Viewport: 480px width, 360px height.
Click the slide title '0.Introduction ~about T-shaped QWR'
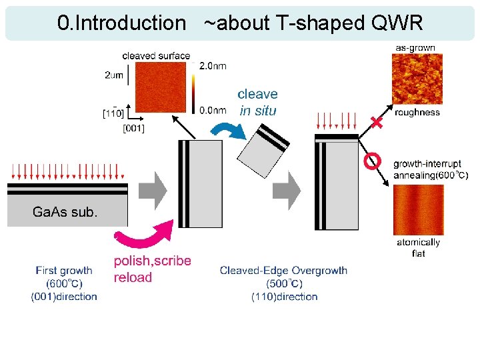coord(240,23)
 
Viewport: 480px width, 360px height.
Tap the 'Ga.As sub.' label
coord(65,213)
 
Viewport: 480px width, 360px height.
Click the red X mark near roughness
coord(377,123)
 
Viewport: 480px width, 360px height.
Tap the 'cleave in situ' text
coord(257,102)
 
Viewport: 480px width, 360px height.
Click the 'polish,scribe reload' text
coord(152,269)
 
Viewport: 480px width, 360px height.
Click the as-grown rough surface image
coord(417,79)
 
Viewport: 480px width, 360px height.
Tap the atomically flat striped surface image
coord(418,208)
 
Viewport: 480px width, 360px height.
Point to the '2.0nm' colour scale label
coord(213,66)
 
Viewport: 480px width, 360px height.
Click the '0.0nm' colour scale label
coord(213,111)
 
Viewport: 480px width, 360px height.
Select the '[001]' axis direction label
coord(133,127)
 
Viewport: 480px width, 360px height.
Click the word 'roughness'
coord(417,113)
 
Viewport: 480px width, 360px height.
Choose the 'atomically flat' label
coord(418,247)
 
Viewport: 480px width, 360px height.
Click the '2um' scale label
coord(114,75)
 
